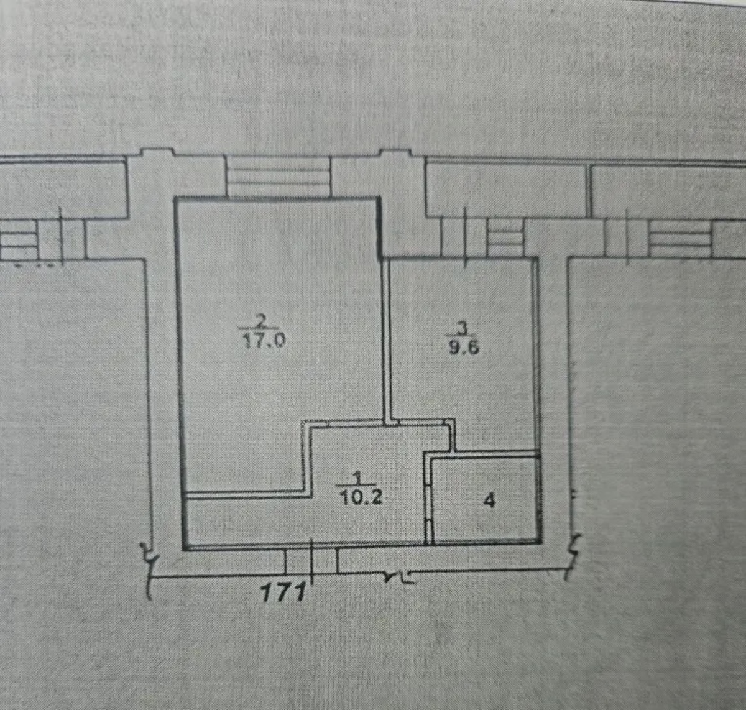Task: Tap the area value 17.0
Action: pyautogui.click(x=264, y=341)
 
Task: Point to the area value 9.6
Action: pyautogui.click(x=464, y=347)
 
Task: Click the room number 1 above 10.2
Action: pyautogui.click(x=357, y=478)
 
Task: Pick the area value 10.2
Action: pyautogui.click(x=361, y=497)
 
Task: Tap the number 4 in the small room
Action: pyautogui.click(x=490, y=501)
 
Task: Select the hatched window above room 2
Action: pyautogui.click(x=279, y=177)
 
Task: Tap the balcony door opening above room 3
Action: pyautogui.click(x=464, y=237)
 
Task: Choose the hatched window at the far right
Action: pyautogui.click(x=680, y=238)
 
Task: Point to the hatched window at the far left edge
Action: pyautogui.click(x=19, y=240)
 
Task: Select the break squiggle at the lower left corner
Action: pyautogui.click(x=149, y=569)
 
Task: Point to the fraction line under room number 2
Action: pyautogui.click(x=260, y=329)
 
